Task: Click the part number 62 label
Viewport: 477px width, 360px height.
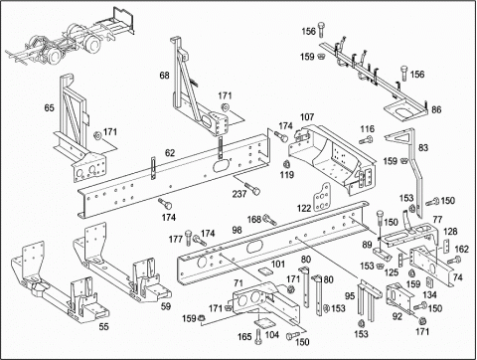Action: [170, 153]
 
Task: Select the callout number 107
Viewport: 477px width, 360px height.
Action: [307, 117]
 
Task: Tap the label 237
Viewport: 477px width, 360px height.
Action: [239, 194]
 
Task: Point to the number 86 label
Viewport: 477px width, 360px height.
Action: [436, 109]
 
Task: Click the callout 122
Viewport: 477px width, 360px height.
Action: [304, 208]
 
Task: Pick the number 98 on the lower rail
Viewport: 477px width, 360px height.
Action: [237, 230]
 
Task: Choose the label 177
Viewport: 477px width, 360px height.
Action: [176, 239]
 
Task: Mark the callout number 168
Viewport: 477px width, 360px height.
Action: [254, 219]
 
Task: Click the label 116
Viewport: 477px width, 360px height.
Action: [368, 129]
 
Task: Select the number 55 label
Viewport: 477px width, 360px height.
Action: [103, 326]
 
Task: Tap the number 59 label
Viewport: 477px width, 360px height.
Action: [166, 306]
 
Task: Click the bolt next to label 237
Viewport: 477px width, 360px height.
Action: [253, 189]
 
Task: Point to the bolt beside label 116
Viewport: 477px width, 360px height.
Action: [366, 140]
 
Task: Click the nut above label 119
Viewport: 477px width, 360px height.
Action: [286, 163]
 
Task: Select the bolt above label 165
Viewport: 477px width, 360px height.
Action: [258, 336]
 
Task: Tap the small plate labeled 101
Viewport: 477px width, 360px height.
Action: [265, 271]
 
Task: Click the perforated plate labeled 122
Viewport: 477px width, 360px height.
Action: [321, 197]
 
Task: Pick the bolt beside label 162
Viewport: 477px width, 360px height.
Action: [454, 261]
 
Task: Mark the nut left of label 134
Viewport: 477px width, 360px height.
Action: [411, 273]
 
